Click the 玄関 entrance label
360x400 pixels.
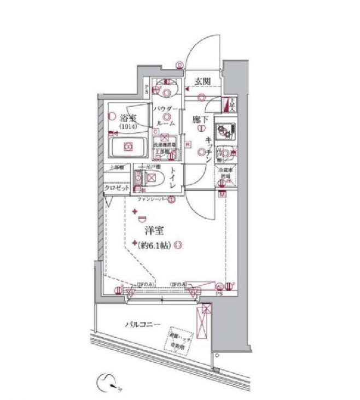click(202, 81)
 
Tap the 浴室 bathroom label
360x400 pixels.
click(128, 118)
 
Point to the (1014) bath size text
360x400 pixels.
click(129, 127)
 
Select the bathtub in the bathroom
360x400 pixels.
click(128, 146)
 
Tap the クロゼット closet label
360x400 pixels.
click(117, 188)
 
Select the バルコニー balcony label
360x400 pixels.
click(142, 325)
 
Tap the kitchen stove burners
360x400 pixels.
click(224, 131)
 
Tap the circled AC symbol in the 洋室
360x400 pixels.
click(220, 285)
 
